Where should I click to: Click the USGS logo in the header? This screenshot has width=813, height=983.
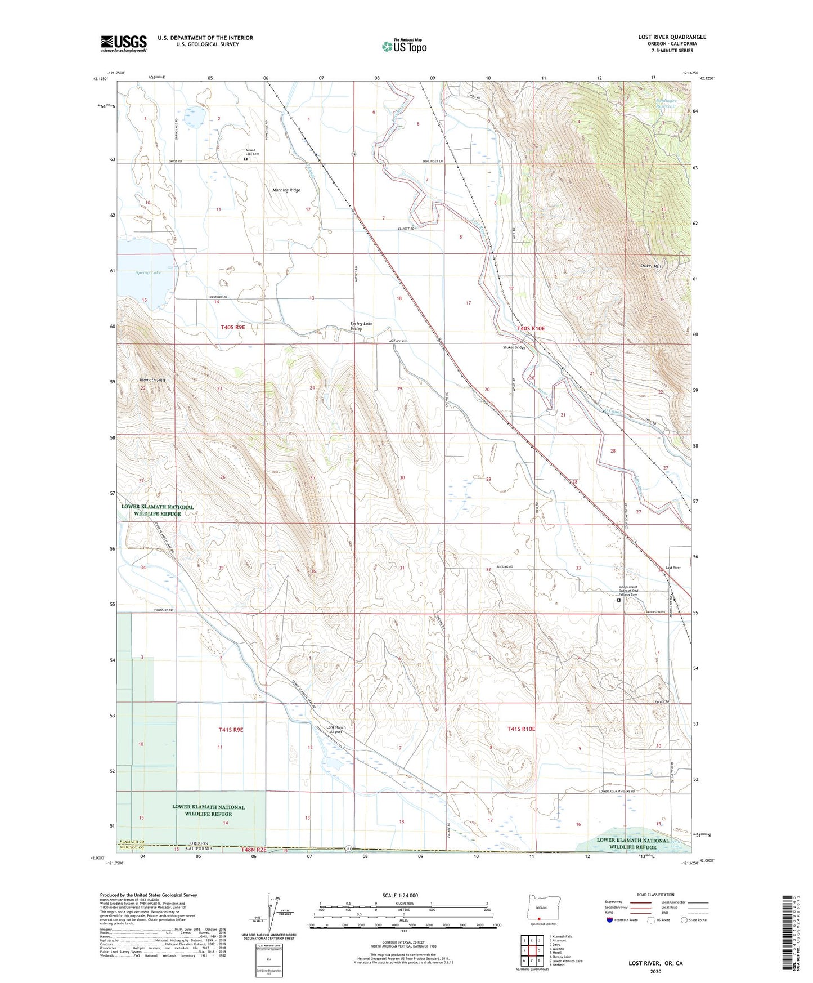pyautogui.click(x=124, y=43)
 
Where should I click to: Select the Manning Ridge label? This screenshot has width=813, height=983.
pyautogui.click(x=287, y=190)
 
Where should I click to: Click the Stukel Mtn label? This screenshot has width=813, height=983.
pyautogui.click(x=651, y=265)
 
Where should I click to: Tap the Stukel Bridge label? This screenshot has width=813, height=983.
pyautogui.click(x=514, y=347)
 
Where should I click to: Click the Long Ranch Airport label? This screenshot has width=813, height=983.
pyautogui.click(x=336, y=730)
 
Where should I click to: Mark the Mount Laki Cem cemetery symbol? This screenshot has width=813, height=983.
pyautogui.click(x=246, y=159)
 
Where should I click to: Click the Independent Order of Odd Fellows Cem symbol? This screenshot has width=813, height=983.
pyautogui.click(x=619, y=600)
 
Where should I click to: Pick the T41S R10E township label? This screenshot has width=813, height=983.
pyautogui.click(x=521, y=729)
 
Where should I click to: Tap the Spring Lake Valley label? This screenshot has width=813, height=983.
pyautogui.click(x=361, y=327)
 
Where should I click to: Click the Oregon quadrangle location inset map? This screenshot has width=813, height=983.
pyautogui.click(x=541, y=909)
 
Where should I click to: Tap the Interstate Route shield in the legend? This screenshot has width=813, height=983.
pyautogui.click(x=611, y=920)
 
